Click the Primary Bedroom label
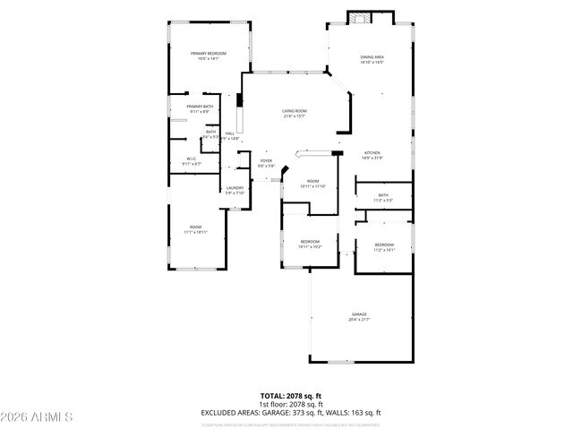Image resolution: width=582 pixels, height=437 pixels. click(x=208, y=54)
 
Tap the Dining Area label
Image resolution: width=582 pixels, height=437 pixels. click(x=372, y=57)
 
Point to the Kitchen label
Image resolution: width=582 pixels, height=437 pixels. click(x=372, y=153)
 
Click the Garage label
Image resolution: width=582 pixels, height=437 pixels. click(x=359, y=314)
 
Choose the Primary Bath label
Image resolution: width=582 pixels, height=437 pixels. click(x=200, y=107)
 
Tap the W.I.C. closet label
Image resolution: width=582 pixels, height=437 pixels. click(x=191, y=159)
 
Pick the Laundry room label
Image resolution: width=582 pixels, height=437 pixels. click(x=235, y=188)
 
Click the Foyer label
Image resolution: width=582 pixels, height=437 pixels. click(x=266, y=160)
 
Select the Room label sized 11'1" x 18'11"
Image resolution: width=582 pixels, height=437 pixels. click(x=195, y=227)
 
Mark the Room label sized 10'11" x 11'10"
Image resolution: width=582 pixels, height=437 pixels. click(x=312, y=182)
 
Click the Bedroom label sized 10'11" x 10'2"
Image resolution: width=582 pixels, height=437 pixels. click(x=310, y=241)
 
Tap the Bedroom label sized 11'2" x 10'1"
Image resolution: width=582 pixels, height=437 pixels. click(x=384, y=245)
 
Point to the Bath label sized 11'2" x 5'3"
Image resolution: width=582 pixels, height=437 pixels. click(x=383, y=195)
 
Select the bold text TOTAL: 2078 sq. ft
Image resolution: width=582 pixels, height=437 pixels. click(x=292, y=395)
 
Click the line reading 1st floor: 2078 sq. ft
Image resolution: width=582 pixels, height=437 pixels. click(x=292, y=404)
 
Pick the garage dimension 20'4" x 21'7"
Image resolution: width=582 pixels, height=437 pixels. click(x=359, y=319)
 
